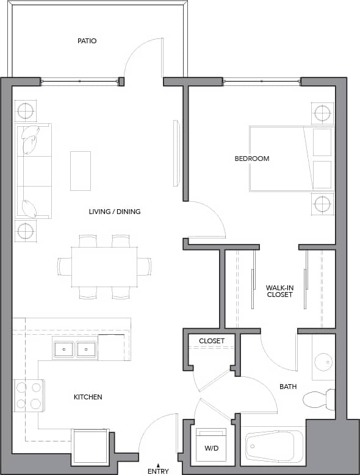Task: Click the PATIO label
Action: coord(87,41)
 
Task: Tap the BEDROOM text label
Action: coord(252,159)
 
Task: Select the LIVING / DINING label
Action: coord(115,212)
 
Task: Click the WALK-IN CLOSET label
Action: coord(279,291)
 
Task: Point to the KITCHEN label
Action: coord(88,397)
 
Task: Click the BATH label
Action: coord(288,387)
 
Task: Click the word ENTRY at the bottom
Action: coord(158,471)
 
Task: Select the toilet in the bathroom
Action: coord(319,399)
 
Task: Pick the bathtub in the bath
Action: coord(274,448)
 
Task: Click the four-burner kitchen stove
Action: coord(29,395)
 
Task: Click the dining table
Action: coord(104,267)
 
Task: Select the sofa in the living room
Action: coord(34,171)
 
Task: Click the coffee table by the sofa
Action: coord(80,171)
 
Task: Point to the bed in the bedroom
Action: coord(290,159)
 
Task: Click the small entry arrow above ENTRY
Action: coord(158,465)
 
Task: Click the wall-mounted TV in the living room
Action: coord(176,153)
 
